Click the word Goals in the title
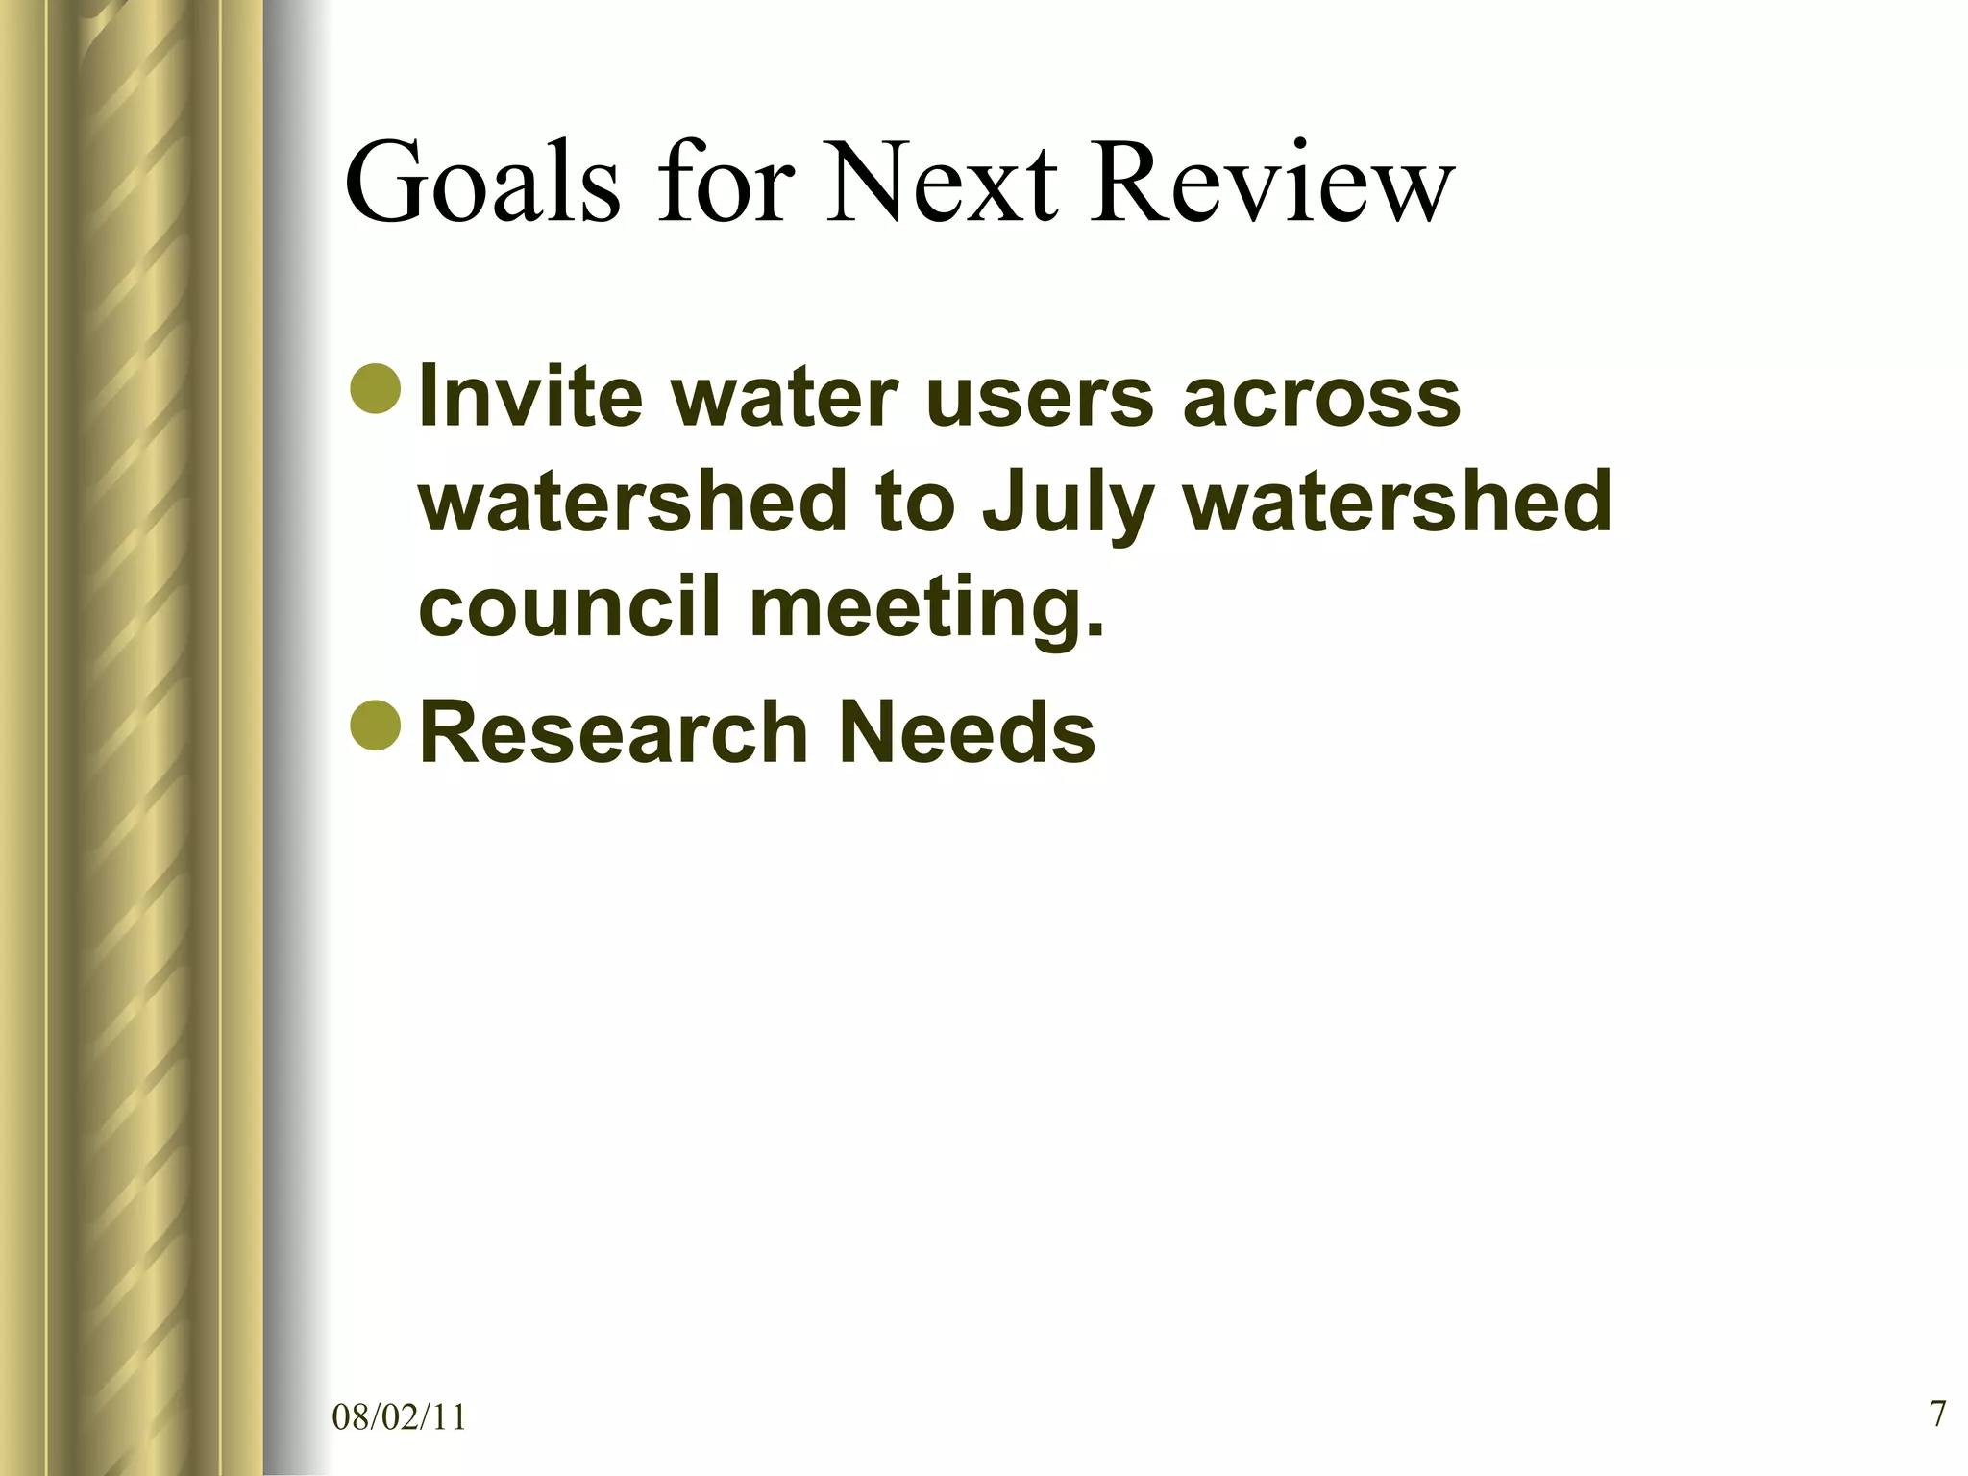pos(482,183)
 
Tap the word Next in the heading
pos(943,183)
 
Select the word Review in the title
pos(1270,183)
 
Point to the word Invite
pos(530,396)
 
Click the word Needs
pos(967,732)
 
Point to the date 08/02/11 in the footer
pos(399,1417)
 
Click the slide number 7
pos(1937,1414)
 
